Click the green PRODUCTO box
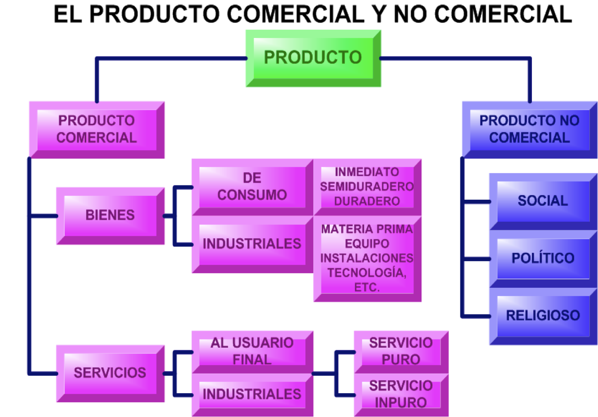pyautogui.click(x=313, y=58)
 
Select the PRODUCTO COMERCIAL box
pyautogui.click(x=96, y=129)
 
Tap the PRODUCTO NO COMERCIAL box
pyautogui.click(x=529, y=129)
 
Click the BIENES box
pyautogui.click(x=110, y=215)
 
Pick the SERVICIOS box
pyautogui.click(x=110, y=373)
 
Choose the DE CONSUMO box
pyautogui.click(x=252, y=186)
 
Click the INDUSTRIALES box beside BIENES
pyautogui.click(x=252, y=244)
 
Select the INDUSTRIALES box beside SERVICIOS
pyautogui.click(x=252, y=394)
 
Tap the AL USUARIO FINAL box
pyautogui.click(x=252, y=351)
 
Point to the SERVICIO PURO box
pyautogui.click(x=401, y=351)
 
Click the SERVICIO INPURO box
pyautogui.click(x=401, y=394)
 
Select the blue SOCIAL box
pyautogui.click(x=543, y=201)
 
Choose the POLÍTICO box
pyautogui.click(x=543, y=258)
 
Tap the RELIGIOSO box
pyautogui.click(x=543, y=316)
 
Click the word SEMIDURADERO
pyautogui.click(x=367, y=187)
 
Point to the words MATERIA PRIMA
pyautogui.click(x=367, y=229)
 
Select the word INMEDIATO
pyautogui.click(x=367, y=172)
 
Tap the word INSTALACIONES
pyautogui.click(x=367, y=258)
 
